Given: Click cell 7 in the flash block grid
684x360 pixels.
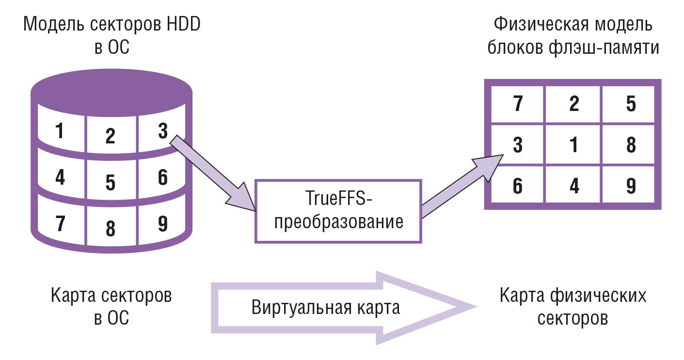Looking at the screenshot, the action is click(518, 104).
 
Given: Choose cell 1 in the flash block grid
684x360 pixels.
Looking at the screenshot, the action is click(574, 144).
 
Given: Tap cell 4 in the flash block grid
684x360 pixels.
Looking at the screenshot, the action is click(574, 185).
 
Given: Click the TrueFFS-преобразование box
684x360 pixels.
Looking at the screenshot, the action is click(338, 211).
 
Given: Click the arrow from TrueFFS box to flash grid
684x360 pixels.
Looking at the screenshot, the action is click(462, 186).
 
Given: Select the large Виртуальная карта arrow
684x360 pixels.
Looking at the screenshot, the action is click(344, 308).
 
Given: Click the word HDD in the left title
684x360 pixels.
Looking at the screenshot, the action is click(183, 24).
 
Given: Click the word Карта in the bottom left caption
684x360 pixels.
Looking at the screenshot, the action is click(73, 296).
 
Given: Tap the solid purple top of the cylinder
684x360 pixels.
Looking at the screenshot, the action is click(111, 92).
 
